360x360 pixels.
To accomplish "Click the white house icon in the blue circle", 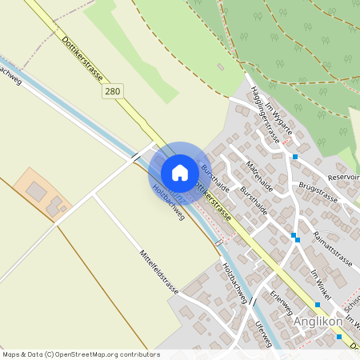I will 180,173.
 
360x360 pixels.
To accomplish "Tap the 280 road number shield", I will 113,92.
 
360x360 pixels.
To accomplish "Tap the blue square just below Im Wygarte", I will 295,156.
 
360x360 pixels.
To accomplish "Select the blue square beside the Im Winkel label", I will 318,305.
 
